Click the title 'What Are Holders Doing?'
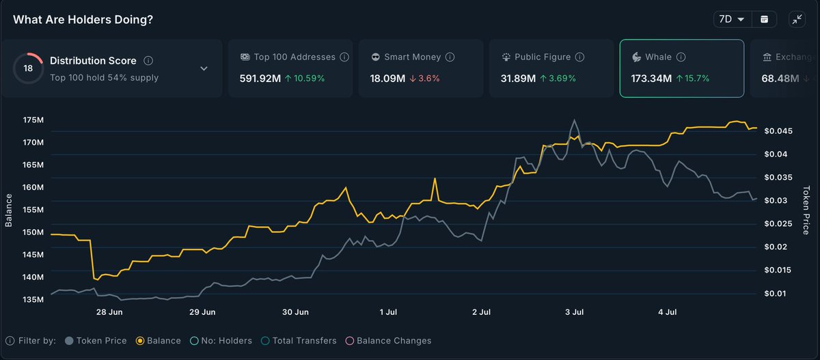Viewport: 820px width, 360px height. click(x=83, y=19)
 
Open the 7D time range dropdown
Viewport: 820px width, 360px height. click(x=732, y=19)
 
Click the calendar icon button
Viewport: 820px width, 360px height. click(x=764, y=19)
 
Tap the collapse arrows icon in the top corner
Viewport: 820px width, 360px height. click(x=797, y=19)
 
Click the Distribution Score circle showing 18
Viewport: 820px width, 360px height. click(x=28, y=68)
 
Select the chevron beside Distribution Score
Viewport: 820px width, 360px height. click(x=204, y=68)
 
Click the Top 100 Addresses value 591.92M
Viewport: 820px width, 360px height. click(x=260, y=79)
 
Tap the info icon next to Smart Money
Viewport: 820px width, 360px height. click(x=450, y=57)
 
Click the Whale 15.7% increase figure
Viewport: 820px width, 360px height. click(x=693, y=79)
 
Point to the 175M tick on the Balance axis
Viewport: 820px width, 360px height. click(x=33, y=120)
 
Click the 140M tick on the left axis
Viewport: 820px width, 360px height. click(x=33, y=277)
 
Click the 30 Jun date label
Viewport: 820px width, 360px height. click(x=295, y=312)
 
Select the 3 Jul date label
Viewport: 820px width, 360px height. click(x=573, y=312)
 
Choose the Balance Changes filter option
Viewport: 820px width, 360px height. click(x=389, y=340)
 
